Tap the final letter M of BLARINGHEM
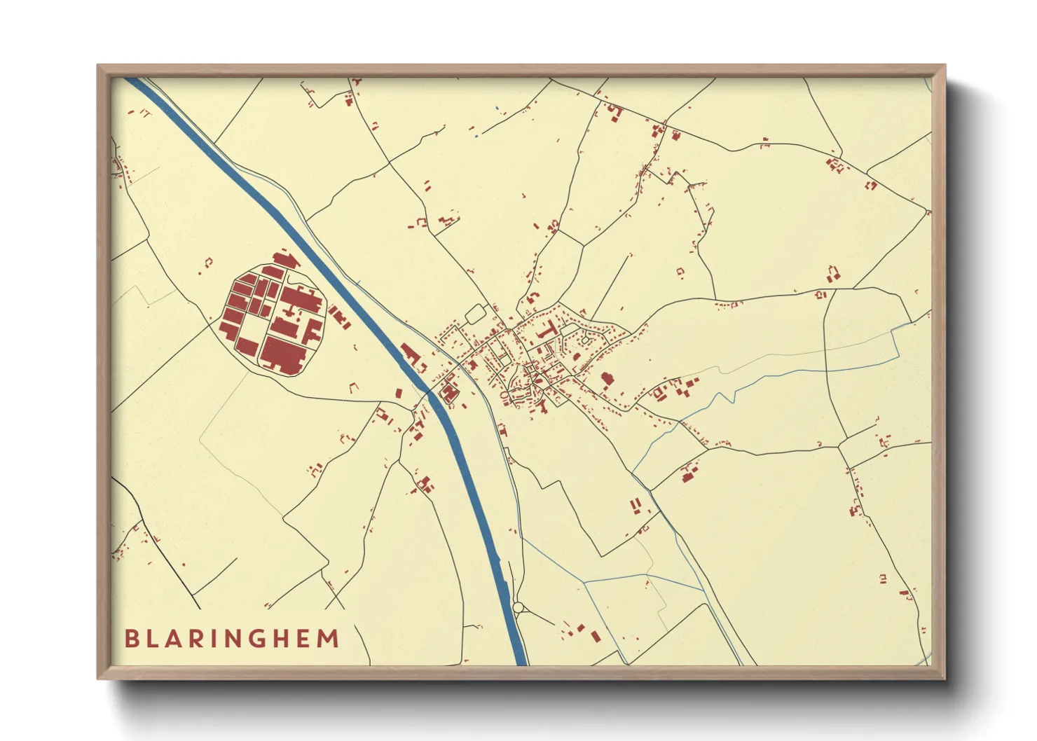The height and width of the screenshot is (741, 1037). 327,639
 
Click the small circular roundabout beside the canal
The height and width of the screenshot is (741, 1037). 518,607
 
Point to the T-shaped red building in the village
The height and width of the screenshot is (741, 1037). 547,330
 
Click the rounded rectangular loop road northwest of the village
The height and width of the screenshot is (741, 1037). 476,314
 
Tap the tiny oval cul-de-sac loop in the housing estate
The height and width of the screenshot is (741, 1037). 585,340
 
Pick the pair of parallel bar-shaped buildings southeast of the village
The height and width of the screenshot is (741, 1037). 636,505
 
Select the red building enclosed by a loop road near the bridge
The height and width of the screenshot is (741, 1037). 448,393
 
